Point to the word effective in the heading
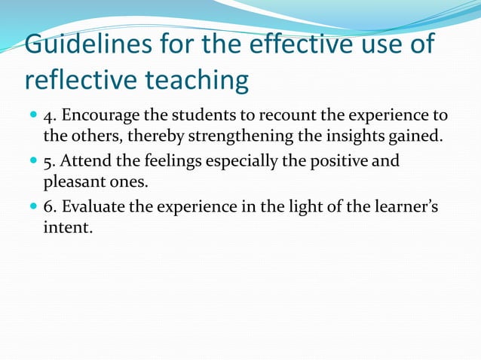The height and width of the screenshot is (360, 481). [296, 44]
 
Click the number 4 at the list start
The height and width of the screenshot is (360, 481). [47, 117]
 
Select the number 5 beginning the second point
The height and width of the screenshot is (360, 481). [47, 161]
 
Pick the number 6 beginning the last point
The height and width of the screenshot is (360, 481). [47, 206]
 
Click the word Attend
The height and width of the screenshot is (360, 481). [85, 161]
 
